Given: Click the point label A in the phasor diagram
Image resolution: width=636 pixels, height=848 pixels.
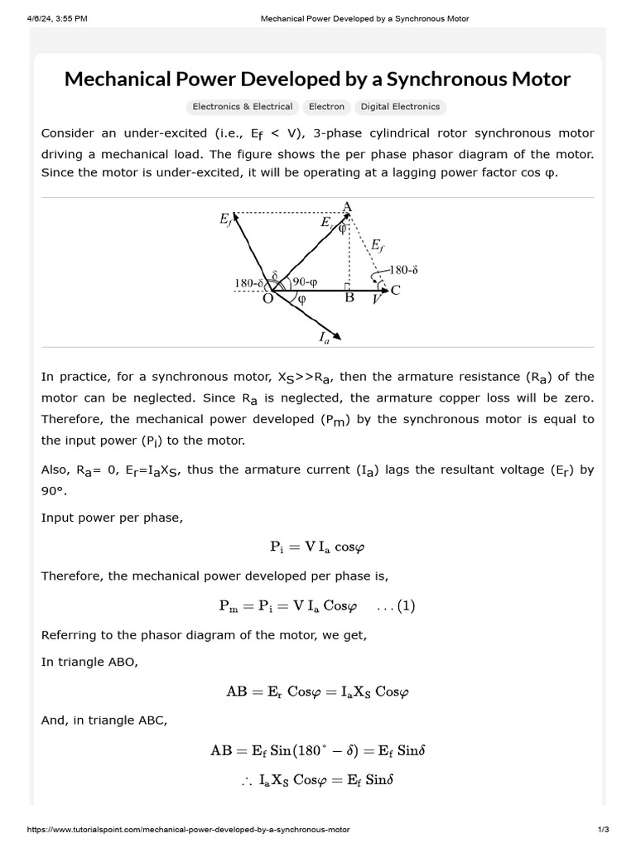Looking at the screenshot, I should pos(347,206).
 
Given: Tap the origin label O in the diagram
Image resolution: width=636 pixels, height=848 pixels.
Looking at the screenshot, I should pos(268,299).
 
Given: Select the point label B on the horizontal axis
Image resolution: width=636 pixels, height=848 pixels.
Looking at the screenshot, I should pos(349,298).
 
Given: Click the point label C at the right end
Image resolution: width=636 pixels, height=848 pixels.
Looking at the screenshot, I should pos(395,290).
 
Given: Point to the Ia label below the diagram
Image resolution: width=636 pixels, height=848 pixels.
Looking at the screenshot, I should pos(324,337).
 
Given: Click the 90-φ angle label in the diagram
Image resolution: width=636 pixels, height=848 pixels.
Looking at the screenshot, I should pos(304,282).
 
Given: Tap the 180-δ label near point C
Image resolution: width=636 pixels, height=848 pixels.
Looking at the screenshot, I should pos(403,269).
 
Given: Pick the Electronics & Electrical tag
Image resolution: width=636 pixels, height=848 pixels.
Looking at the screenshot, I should pos(242,107).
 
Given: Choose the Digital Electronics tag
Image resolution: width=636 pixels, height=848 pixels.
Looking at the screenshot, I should pos(400,107).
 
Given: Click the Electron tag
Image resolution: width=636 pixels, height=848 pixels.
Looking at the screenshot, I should pos(326,107).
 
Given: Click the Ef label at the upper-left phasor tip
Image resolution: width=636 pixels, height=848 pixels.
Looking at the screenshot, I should pos(226,219).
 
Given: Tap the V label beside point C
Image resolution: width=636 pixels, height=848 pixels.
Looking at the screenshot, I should pos(377,300).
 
